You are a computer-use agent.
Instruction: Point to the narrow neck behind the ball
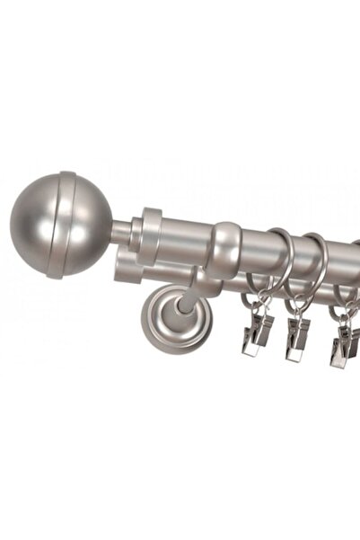[122, 231]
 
